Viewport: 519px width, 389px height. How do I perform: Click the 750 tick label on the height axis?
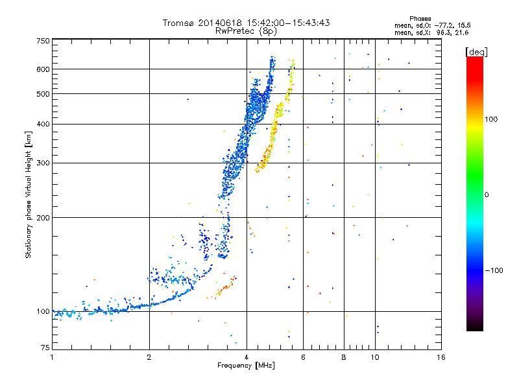click(43, 41)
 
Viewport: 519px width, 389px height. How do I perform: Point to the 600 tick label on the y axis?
click(43, 69)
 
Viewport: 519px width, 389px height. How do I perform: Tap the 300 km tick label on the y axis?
click(43, 163)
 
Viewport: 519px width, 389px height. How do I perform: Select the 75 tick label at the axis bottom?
click(45, 348)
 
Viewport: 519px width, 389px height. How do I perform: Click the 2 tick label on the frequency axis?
click(149, 357)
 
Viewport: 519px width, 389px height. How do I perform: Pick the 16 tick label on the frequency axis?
click(441, 357)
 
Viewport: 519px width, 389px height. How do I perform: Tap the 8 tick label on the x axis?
click(344, 357)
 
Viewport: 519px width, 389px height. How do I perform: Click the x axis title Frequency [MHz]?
click(246, 366)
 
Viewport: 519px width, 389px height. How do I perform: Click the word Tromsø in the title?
click(178, 23)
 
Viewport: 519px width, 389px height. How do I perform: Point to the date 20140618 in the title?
click(220, 23)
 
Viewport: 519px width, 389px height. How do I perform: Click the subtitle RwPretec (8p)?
click(246, 31)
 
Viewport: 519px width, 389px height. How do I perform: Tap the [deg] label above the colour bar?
click(476, 52)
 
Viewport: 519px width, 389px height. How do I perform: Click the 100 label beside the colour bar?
click(491, 119)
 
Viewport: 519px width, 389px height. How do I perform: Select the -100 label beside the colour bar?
click(494, 270)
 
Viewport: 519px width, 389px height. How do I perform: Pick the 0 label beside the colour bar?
click(487, 195)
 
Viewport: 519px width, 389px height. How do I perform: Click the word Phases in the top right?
click(420, 19)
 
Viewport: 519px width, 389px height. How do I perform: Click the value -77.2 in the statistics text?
click(444, 25)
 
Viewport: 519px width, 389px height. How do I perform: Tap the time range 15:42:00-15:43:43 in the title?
click(288, 23)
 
